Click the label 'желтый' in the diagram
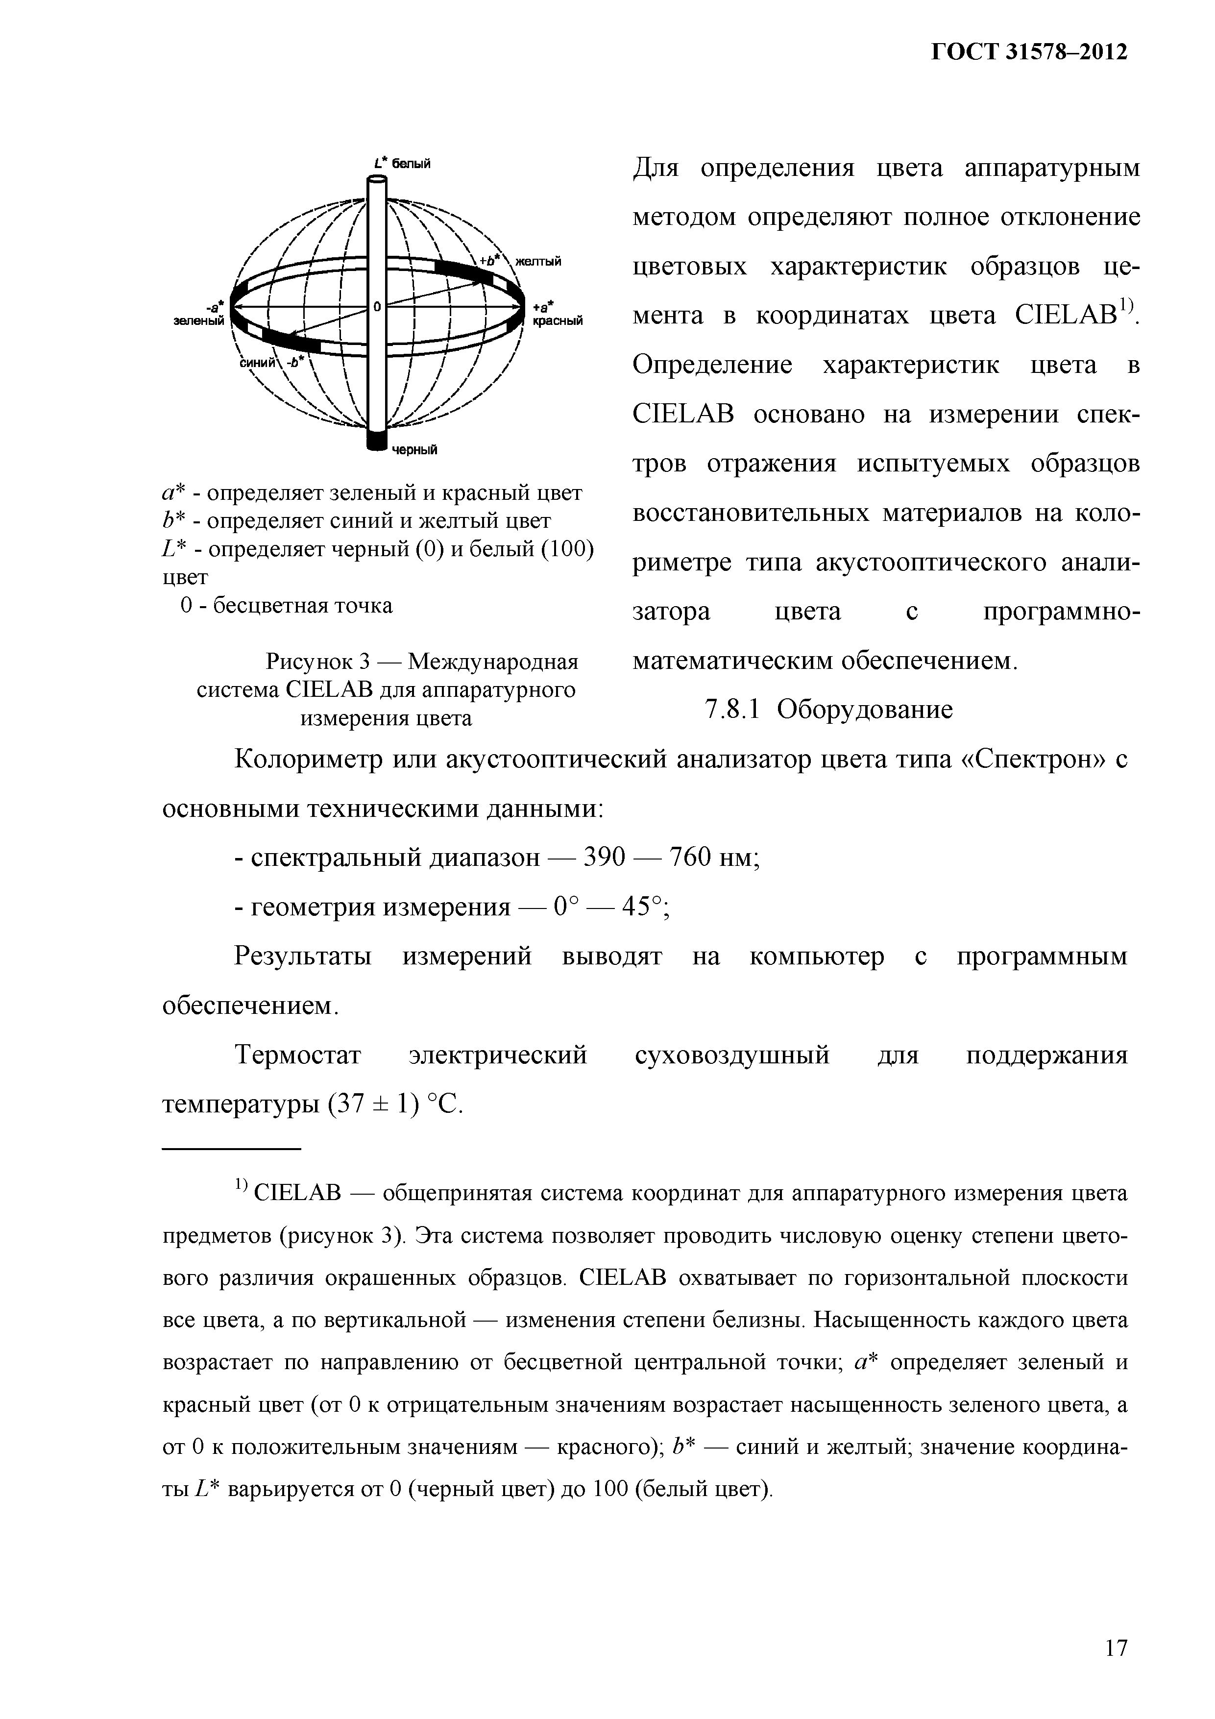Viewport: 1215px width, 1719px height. click(537, 261)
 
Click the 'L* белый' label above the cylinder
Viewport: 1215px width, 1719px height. click(403, 163)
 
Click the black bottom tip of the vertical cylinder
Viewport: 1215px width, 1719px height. click(377, 442)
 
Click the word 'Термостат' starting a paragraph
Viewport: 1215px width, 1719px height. click(298, 1055)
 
